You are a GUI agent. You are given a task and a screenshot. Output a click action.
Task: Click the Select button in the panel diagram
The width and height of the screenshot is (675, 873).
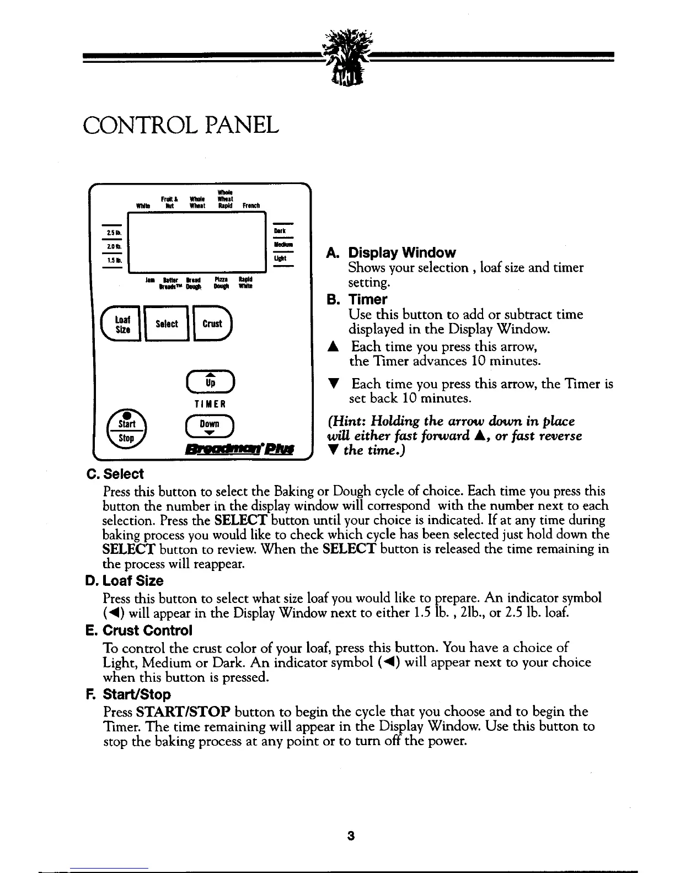167,324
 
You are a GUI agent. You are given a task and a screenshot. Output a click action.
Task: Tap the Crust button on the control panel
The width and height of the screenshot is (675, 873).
212,324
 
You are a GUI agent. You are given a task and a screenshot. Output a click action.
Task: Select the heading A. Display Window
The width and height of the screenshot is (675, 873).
391,253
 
